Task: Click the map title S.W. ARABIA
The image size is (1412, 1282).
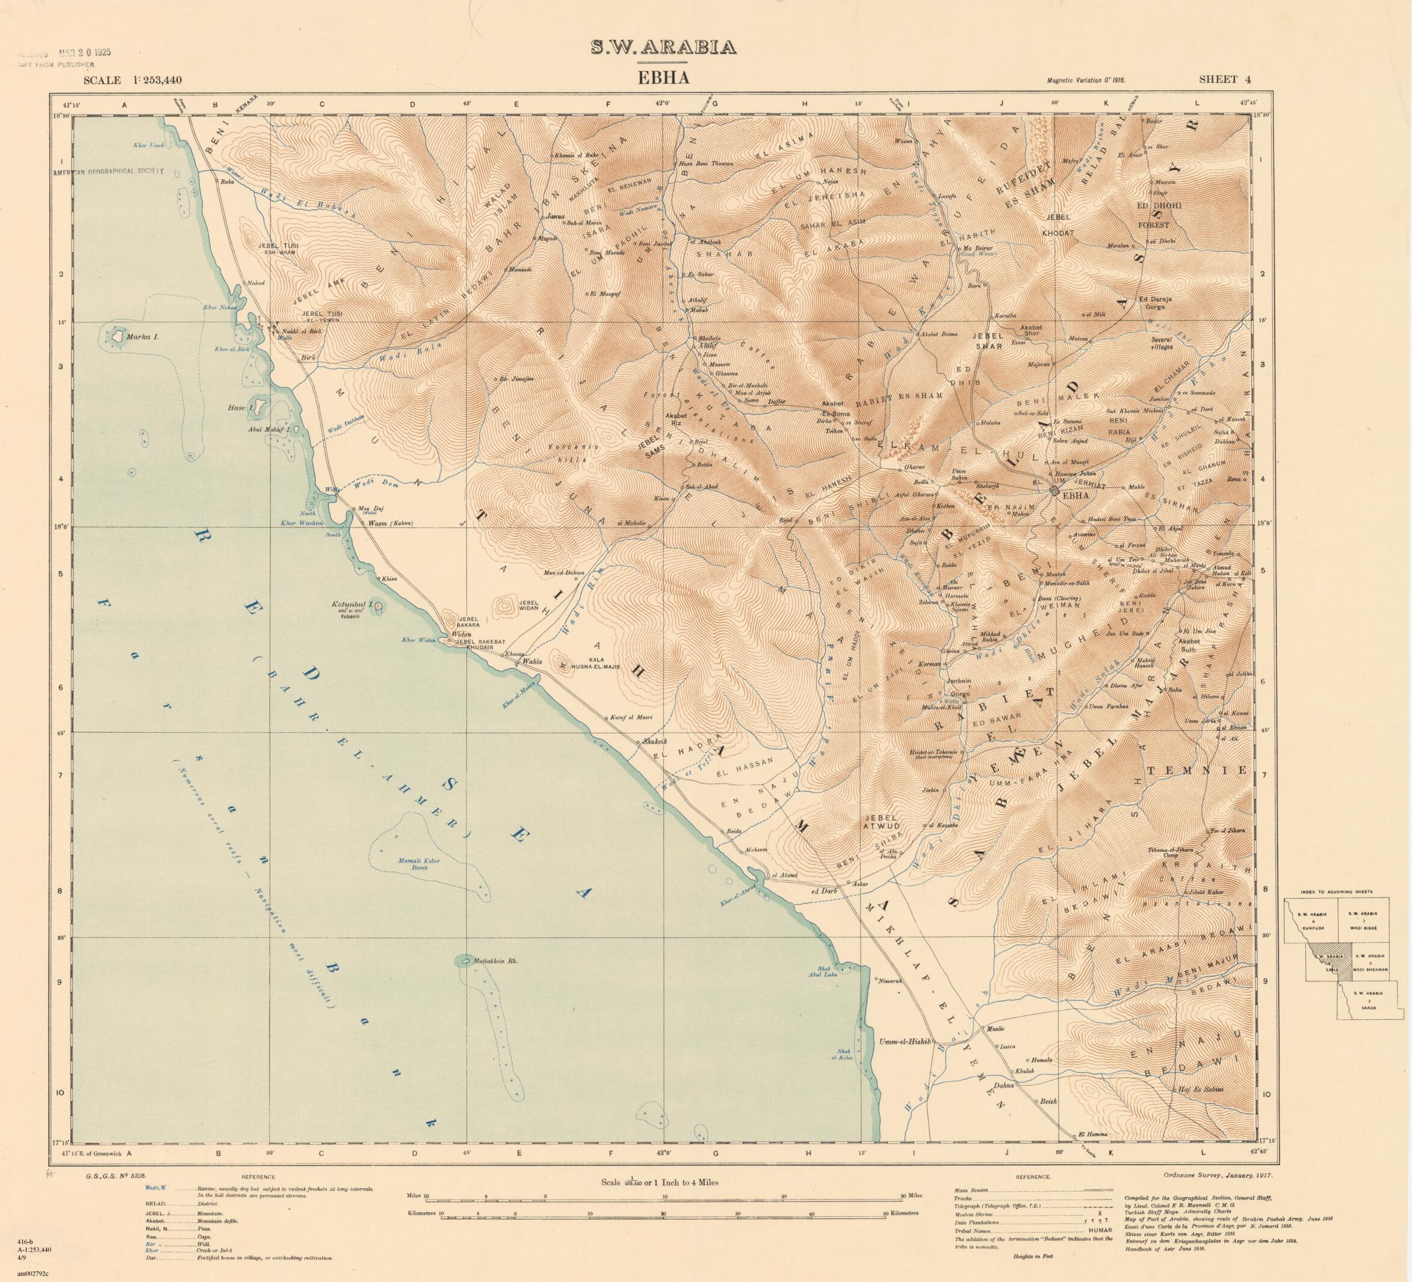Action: [663, 47]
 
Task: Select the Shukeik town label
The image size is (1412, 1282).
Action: [650, 742]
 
